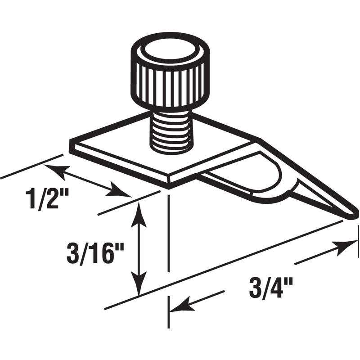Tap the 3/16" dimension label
[x=95, y=255]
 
